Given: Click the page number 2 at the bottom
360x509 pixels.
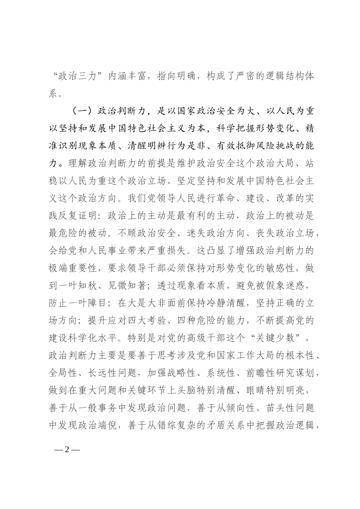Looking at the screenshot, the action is point(67,450).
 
